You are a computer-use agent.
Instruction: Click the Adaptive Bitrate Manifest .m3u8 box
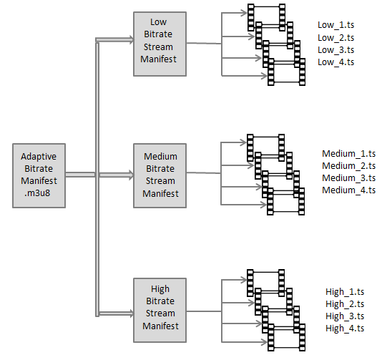[x=39, y=175]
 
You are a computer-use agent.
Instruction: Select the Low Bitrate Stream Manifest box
[x=160, y=44]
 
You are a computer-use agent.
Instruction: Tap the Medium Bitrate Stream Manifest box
[x=160, y=175]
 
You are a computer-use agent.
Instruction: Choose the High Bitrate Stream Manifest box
[x=160, y=310]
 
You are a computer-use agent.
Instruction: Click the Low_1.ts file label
[x=335, y=25]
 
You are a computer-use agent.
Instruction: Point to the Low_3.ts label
[x=335, y=50]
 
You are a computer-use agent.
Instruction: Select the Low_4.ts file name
[x=335, y=62]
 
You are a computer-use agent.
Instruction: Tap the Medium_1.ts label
[x=349, y=154]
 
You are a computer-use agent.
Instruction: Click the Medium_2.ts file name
[x=349, y=165]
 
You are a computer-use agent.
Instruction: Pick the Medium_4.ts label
[x=349, y=190]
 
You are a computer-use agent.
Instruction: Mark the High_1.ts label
[x=345, y=291]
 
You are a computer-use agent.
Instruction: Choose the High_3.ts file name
[x=345, y=316]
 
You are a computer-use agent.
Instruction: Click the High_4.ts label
[x=345, y=328]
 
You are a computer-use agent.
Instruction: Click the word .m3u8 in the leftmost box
[x=37, y=193]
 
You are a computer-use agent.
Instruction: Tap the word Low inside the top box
[x=159, y=22]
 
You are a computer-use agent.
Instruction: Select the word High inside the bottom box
[x=160, y=289]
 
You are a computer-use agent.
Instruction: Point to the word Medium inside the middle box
[x=160, y=156]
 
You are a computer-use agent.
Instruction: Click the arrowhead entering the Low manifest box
[x=131, y=39]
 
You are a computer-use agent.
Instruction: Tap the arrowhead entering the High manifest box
[x=131, y=313]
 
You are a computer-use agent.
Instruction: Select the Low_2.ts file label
[x=335, y=38]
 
